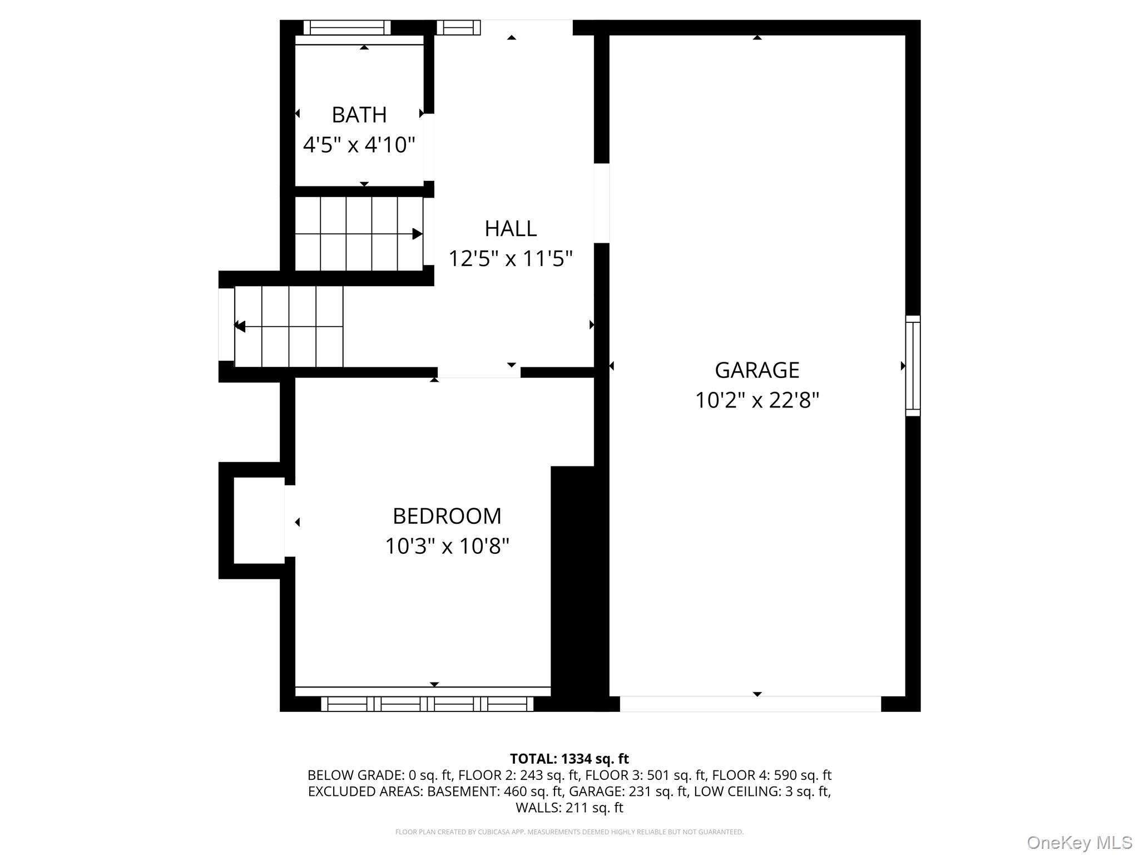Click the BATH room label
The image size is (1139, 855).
359,115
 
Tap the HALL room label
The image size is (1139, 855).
510,228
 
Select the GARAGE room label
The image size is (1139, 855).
756,370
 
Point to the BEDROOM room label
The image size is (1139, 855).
447,516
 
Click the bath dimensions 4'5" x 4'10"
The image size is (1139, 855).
359,145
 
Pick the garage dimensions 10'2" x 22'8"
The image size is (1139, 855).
756,400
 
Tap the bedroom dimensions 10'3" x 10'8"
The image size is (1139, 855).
447,546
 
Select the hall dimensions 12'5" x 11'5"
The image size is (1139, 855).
510,258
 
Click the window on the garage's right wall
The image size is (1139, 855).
913,366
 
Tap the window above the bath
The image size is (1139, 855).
347,27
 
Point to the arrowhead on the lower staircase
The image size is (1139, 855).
240,326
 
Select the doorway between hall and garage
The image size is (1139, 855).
602,203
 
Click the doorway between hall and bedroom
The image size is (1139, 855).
479,372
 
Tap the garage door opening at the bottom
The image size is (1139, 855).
750,704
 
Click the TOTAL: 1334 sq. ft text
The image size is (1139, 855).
569,759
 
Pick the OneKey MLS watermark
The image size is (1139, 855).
1079,843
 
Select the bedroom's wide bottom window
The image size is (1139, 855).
427,704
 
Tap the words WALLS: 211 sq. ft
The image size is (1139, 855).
569,808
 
